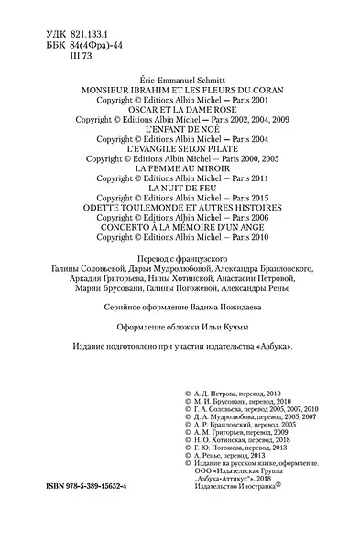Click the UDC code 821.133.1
tap(75, 8)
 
